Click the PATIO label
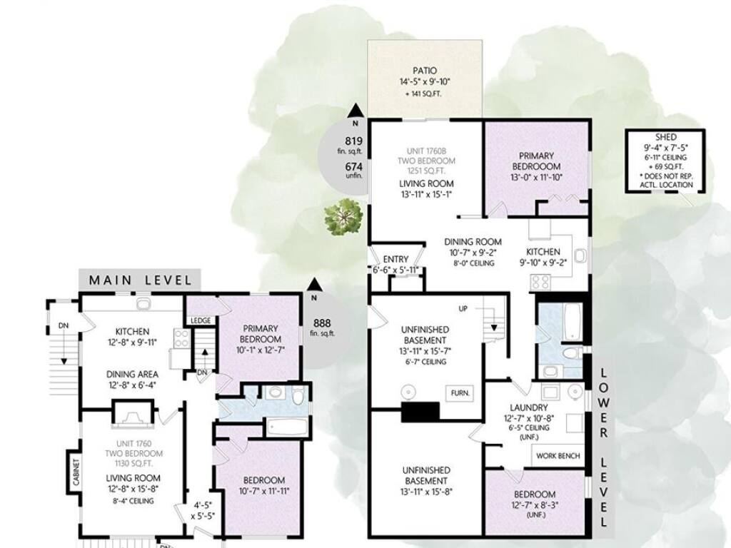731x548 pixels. pos(425,71)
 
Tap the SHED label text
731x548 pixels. pos(665,137)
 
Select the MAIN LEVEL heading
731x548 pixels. pos(140,280)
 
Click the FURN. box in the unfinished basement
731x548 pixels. pos(460,393)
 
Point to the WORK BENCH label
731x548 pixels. pos(558,455)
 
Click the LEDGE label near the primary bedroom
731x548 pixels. pos(201,320)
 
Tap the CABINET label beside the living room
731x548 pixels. pos(76,471)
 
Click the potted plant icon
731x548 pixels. pos(344,217)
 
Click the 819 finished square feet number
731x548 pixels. pos(353,141)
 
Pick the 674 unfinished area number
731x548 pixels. pos(353,166)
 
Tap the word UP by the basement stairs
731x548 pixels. pos(463,308)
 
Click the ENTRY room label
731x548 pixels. pos(395,259)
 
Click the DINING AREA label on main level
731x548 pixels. pos(132,374)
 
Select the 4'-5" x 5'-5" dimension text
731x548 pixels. pos(203,509)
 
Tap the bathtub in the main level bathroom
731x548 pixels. pos(286,427)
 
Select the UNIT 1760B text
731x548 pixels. pos(426,151)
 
